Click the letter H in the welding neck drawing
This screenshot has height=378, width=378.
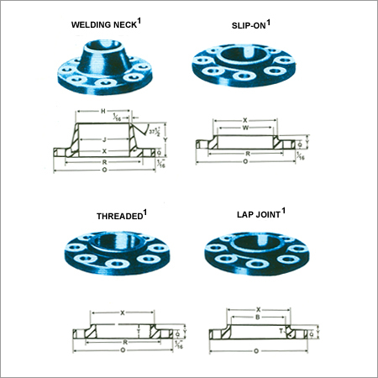click(102, 112)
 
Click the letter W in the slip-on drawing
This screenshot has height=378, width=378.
click(245, 129)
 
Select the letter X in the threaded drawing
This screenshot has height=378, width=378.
click(123, 312)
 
